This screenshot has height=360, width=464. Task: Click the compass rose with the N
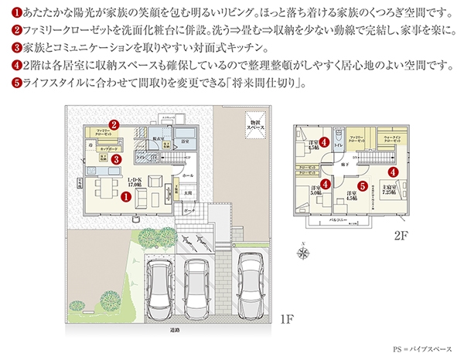click(x=302, y=251)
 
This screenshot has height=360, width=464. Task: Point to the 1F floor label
click(x=285, y=319)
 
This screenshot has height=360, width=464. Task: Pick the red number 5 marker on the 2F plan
click(x=362, y=185)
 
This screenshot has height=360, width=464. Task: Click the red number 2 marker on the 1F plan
click(x=113, y=124)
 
